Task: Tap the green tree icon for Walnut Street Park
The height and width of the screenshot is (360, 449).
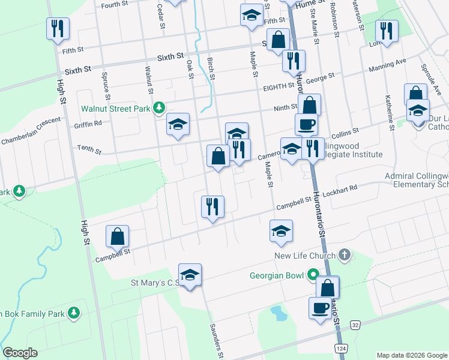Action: pyautogui.click(x=159, y=108)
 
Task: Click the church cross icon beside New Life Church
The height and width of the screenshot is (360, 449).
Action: pyautogui.click(x=344, y=256)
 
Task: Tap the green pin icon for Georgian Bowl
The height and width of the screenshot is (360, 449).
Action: pyautogui.click(x=312, y=275)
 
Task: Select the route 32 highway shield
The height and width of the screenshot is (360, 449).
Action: pyautogui.click(x=355, y=325)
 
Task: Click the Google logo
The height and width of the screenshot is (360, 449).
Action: pyautogui.click(x=20, y=353)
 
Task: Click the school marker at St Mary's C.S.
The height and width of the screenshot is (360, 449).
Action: pyautogui.click(x=190, y=275)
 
